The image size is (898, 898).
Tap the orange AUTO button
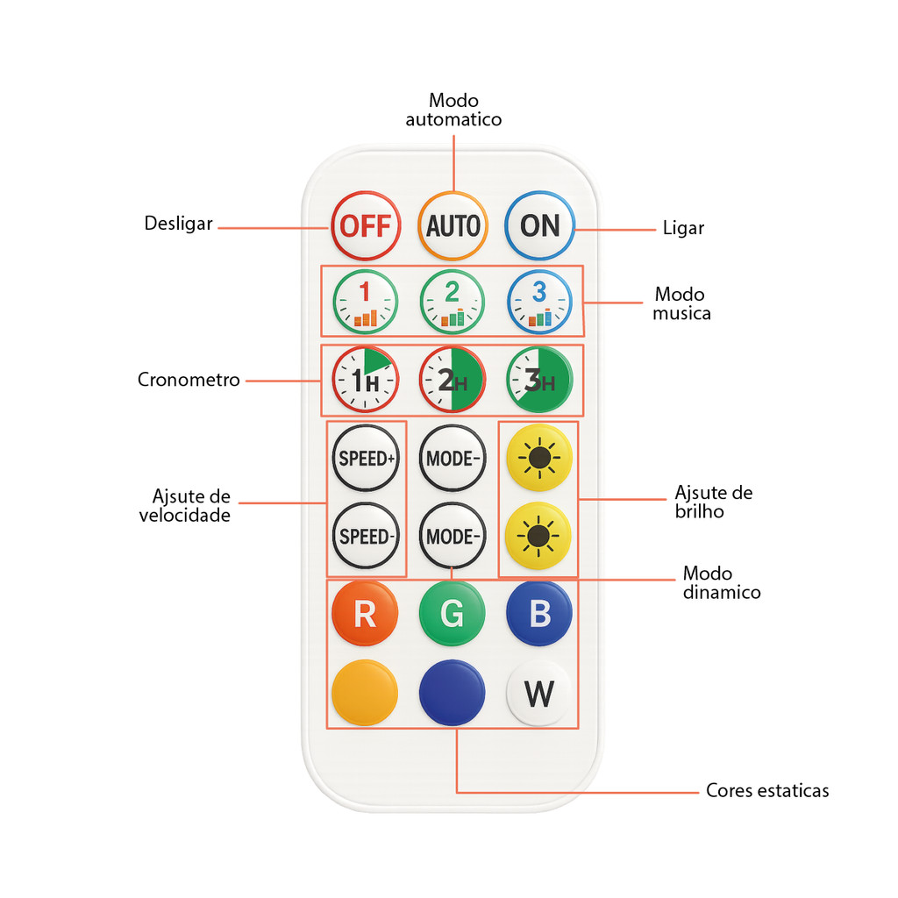click(x=453, y=225)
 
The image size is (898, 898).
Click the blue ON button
click(x=539, y=225)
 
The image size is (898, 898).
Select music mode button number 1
click(x=366, y=302)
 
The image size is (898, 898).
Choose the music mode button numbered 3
click(x=539, y=302)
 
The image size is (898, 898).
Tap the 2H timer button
click(x=453, y=379)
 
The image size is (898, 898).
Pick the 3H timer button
click(x=539, y=379)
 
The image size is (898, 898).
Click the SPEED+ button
click(x=366, y=458)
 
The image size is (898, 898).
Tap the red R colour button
click(x=365, y=613)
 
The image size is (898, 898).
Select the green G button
click(x=452, y=613)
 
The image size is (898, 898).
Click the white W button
click(x=538, y=693)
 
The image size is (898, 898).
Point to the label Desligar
click(x=179, y=224)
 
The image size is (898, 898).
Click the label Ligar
click(x=683, y=228)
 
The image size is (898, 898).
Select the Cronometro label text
click(x=189, y=380)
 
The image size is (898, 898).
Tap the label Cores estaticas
click(x=767, y=790)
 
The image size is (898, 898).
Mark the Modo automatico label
click(x=453, y=110)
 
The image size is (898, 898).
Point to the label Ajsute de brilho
click(x=713, y=502)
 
